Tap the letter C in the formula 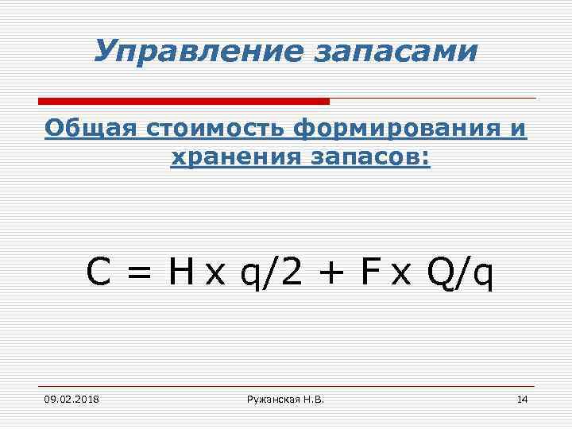(99, 273)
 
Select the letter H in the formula (180, 273)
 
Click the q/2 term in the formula (269, 274)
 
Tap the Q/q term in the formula (460, 274)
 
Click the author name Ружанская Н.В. (286, 399)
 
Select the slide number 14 (522, 399)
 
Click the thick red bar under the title (184, 101)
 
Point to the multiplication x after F (401, 276)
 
